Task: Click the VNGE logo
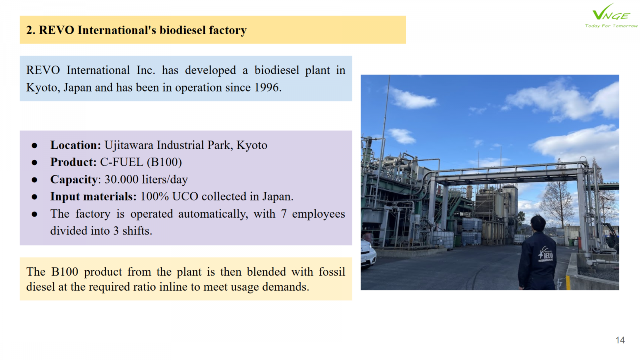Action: coord(610,16)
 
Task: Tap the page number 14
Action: coord(620,340)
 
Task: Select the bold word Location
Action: coord(76,145)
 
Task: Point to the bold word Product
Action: coord(74,162)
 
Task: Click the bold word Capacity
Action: coord(74,180)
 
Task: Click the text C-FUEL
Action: coord(122,162)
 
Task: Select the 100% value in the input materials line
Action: coord(154,196)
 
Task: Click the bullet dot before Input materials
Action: coord(34,197)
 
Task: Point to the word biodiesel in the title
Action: coord(182,30)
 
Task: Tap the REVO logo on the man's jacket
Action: coord(546,254)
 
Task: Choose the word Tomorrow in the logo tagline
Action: coord(625,26)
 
